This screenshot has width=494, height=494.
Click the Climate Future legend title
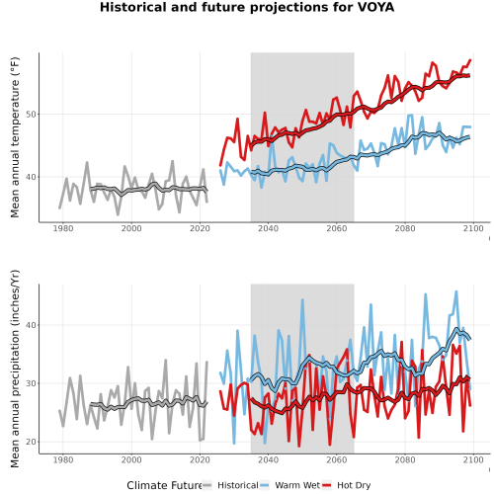[164, 485]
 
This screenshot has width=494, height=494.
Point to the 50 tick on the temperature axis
[32, 115]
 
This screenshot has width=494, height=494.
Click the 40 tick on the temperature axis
[32, 177]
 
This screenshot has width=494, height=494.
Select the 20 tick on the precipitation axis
[32, 442]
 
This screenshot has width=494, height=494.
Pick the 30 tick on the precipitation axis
[32, 383]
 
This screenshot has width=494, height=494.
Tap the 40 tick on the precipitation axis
[32, 325]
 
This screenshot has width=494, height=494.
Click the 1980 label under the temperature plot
[63, 228]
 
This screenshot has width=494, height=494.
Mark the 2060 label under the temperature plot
[337, 228]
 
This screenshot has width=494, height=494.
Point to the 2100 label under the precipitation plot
[473, 459]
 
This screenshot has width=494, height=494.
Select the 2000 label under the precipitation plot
[131, 459]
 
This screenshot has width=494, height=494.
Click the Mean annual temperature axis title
[15, 137]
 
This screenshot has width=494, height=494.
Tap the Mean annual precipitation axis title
[15, 369]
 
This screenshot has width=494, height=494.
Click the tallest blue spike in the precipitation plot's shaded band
[302, 299]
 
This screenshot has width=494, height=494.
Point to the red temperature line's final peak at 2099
[470, 60]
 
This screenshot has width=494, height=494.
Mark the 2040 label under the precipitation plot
[268, 459]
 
